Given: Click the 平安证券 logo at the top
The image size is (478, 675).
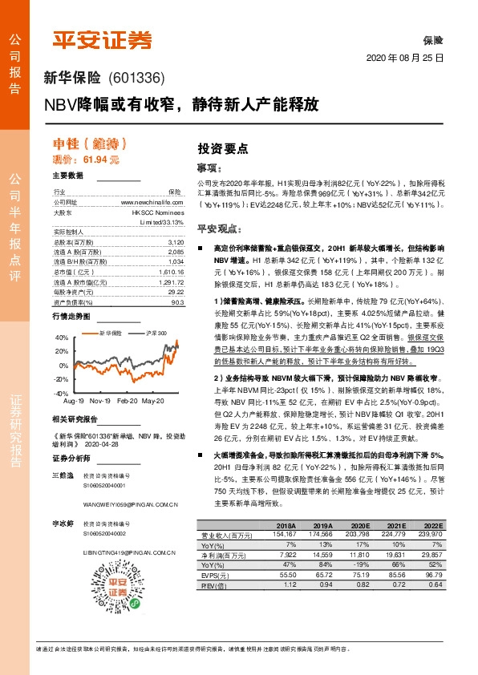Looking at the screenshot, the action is [101, 40].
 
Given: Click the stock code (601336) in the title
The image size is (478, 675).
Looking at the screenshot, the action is [136, 79].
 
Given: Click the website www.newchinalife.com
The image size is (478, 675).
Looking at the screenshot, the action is [152, 203].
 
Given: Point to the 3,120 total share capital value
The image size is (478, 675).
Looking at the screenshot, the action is [176, 241].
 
